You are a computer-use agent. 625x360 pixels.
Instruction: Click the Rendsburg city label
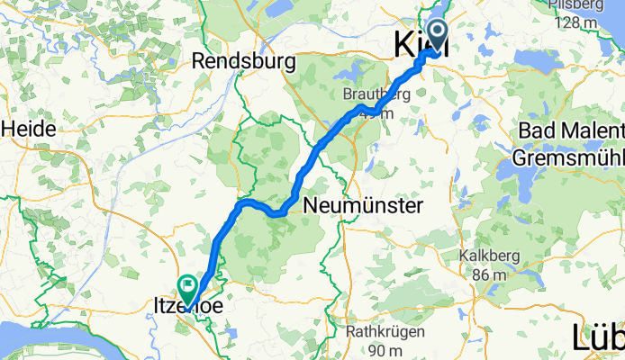(x=244, y=63)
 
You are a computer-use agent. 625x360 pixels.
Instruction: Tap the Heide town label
(x=28, y=129)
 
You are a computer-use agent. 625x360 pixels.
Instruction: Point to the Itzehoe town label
(x=184, y=309)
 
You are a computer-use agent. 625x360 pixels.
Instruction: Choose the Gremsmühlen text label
(x=568, y=157)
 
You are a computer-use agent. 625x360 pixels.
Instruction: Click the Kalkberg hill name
(x=489, y=256)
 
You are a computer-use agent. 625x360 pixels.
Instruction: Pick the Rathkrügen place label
(x=378, y=332)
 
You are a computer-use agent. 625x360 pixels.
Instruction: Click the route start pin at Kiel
(x=438, y=36)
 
